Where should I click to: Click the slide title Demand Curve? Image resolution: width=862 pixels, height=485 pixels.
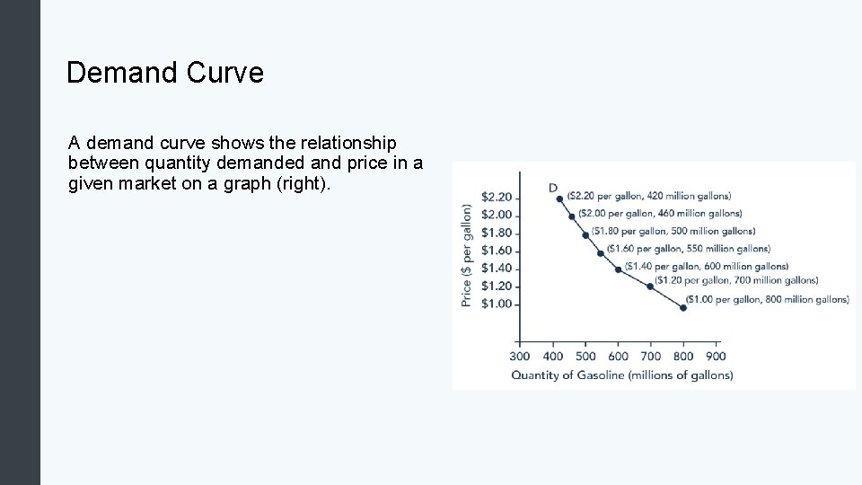[165, 72]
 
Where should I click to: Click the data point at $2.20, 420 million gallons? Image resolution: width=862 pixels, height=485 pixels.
[559, 199]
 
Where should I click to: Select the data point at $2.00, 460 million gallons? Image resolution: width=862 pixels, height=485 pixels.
[572, 216]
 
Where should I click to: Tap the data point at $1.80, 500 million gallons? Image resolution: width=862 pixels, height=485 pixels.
[585, 235]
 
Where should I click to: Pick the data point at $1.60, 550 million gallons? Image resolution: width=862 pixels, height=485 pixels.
[601, 253]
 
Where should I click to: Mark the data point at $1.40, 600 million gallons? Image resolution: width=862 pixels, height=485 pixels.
[618, 269]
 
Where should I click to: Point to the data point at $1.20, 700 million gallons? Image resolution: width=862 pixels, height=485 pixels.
[650, 287]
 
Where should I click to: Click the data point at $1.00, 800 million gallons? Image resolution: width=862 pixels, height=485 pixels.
[683, 307]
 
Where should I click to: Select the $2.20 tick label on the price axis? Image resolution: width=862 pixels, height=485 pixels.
[497, 197]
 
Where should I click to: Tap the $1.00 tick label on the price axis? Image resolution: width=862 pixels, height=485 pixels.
[497, 304]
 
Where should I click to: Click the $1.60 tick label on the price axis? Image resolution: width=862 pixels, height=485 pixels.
[497, 251]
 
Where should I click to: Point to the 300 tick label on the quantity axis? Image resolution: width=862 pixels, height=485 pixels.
[520, 357]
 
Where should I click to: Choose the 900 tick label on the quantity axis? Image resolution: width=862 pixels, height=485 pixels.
[716, 357]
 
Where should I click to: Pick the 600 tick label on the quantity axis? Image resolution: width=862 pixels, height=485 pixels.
[619, 357]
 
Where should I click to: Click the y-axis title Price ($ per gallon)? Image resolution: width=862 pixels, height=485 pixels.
[466, 255]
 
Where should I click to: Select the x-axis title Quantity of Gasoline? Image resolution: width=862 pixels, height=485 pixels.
[622, 375]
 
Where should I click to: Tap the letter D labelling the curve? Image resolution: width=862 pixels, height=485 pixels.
[552, 188]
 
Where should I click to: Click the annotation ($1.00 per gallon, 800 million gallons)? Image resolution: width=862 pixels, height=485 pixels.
[767, 300]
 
